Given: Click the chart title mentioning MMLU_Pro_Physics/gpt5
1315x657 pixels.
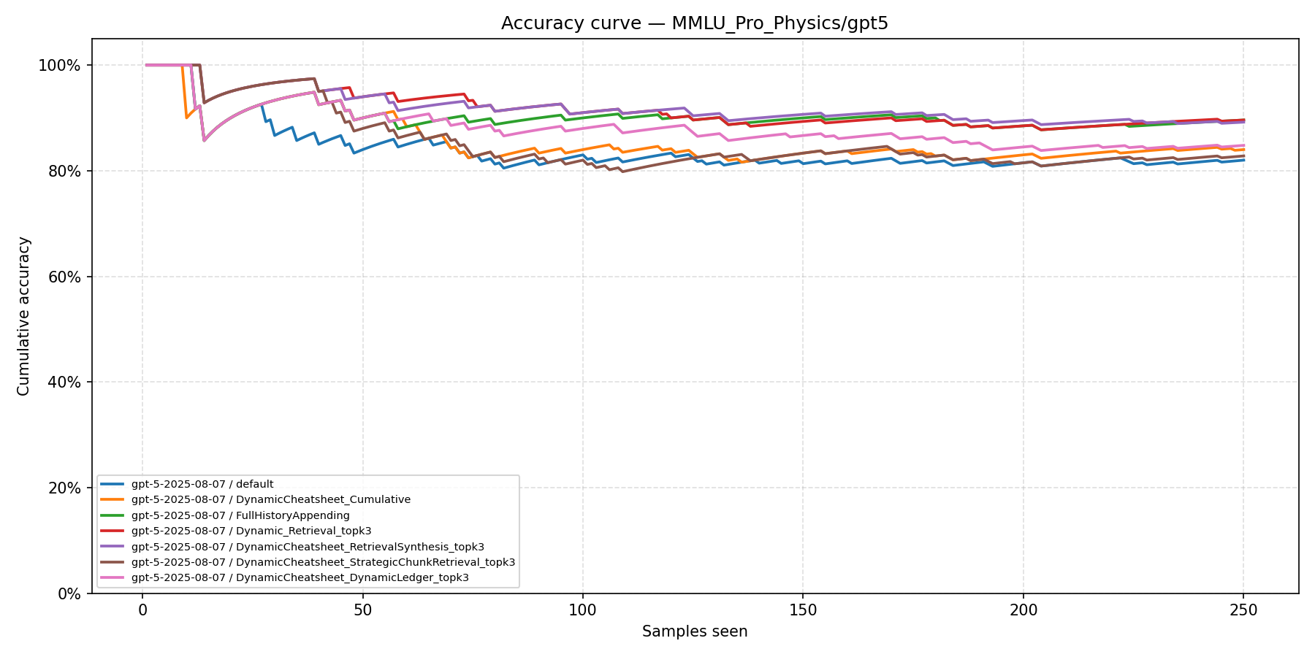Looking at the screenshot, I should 694,23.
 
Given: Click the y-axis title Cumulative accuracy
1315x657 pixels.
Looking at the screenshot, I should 23,316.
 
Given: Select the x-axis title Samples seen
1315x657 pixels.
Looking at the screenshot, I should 694,631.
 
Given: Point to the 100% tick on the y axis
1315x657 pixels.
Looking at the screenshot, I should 59,66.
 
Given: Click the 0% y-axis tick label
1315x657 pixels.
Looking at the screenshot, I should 66,593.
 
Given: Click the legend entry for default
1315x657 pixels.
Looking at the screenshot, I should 202,484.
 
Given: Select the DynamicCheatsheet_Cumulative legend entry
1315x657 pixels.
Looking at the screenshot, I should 270,499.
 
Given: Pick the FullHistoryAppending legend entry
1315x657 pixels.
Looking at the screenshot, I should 240,515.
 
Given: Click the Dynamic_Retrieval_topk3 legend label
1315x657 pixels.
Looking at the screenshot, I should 251,531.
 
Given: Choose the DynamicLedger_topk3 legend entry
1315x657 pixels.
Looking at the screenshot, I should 300,577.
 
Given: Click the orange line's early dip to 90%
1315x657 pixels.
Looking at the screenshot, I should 186,118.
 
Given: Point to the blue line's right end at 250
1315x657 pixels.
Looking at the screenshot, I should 1243,160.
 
